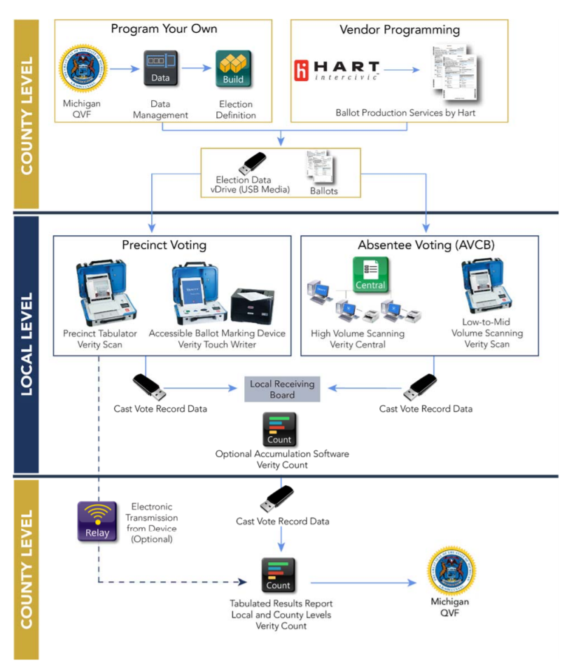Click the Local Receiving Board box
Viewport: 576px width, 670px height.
pyautogui.click(x=282, y=389)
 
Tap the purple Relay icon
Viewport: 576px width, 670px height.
pyautogui.click(x=97, y=522)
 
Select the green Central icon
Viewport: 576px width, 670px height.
pyautogui.click(x=371, y=274)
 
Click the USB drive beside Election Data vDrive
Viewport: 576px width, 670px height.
pyautogui.click(x=253, y=162)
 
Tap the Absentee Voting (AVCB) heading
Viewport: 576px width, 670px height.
pyautogui.click(x=419, y=246)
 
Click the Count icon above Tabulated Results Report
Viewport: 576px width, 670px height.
pyautogui.click(x=279, y=575)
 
